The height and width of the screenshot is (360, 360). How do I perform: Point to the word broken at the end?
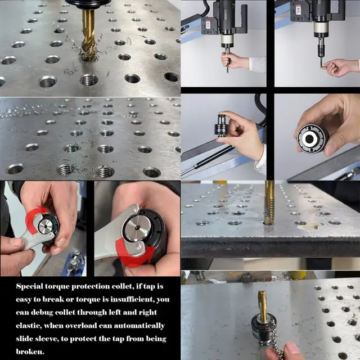click(x=30, y=351)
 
